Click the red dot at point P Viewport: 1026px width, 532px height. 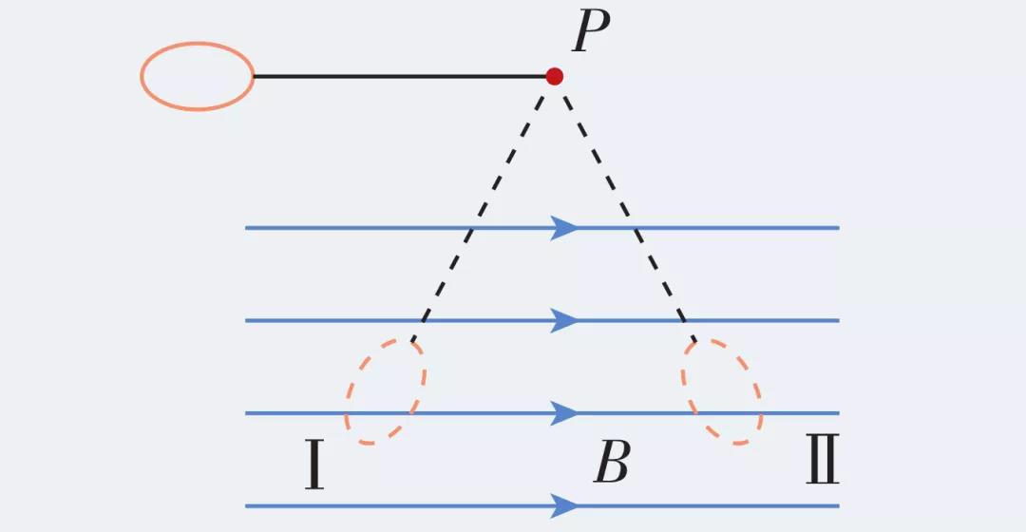click(x=554, y=76)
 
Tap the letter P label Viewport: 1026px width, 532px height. click(x=591, y=35)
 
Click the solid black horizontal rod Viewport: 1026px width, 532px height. click(x=399, y=76)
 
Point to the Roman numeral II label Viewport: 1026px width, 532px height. click(x=823, y=463)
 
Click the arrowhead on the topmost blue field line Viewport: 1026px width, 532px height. click(x=565, y=228)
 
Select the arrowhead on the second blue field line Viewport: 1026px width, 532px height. click(x=565, y=320)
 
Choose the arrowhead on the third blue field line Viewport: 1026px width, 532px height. click(x=565, y=413)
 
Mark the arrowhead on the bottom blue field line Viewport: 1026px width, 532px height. click(x=565, y=505)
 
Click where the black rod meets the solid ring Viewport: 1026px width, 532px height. click(x=254, y=76)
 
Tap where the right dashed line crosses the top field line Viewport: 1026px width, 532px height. click(x=637, y=228)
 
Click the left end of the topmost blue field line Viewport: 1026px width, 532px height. click(x=247, y=228)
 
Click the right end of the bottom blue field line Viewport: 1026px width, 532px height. click(x=837, y=505)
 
